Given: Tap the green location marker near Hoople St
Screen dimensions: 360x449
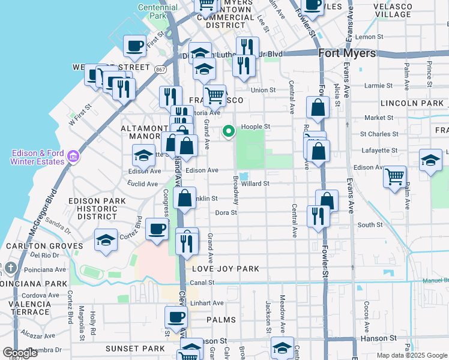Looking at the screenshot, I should tap(229, 131).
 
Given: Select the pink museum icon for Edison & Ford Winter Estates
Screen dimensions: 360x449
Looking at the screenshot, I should tap(73, 157).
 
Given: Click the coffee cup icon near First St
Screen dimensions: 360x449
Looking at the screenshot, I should tap(135, 46).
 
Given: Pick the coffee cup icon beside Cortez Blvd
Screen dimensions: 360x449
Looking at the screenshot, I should tap(157, 229).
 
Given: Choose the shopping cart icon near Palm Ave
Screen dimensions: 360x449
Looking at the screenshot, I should tap(394, 176).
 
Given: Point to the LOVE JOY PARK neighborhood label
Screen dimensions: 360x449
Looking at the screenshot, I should tap(225, 269).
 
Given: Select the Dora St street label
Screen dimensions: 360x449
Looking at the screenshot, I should tap(226, 212).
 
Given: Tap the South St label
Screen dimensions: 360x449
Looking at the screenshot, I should tap(370, 225).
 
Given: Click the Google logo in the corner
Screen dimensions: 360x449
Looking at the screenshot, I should tap(20, 353).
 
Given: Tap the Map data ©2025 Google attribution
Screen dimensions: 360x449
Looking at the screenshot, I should tap(412, 355).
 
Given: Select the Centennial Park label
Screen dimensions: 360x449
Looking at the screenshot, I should tap(158, 11).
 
